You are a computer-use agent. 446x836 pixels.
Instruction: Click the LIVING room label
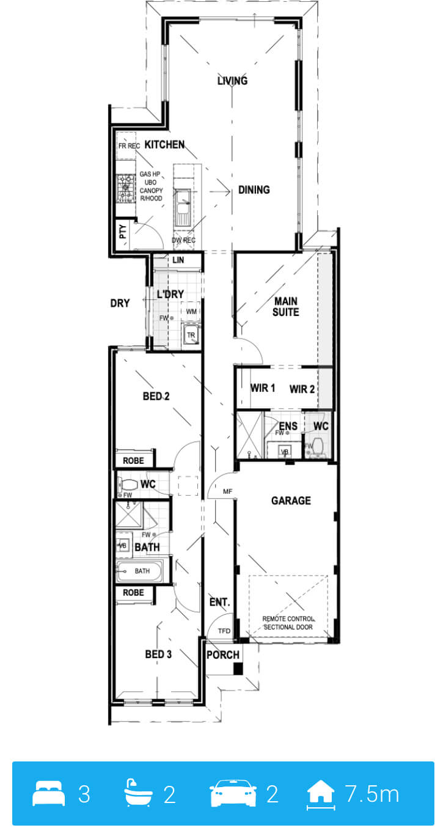(232, 80)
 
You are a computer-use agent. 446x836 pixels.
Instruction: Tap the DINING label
(254, 189)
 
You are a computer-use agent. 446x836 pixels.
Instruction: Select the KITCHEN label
(164, 144)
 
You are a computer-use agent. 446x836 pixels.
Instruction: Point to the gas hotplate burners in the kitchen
(125, 188)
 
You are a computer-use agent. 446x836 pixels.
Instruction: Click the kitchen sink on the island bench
(183, 208)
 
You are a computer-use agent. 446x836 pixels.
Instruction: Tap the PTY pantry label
(123, 232)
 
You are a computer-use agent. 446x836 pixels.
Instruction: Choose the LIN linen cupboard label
(178, 260)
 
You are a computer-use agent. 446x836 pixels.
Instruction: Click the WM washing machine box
(191, 311)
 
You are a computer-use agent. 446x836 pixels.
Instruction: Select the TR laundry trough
(191, 335)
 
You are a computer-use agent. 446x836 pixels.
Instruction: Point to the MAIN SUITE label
(285, 306)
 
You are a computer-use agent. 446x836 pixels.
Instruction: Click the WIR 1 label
(263, 388)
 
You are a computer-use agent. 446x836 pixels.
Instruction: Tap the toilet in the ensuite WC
(318, 446)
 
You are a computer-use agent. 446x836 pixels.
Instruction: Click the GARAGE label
(291, 501)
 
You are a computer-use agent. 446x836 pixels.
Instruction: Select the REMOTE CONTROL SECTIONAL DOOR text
(288, 623)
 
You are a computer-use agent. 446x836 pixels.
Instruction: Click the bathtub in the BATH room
(139, 571)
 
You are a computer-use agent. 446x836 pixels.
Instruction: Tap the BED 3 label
(158, 654)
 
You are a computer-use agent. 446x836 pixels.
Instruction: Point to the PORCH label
(223, 654)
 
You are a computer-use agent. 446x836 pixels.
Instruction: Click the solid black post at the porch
(238, 668)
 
